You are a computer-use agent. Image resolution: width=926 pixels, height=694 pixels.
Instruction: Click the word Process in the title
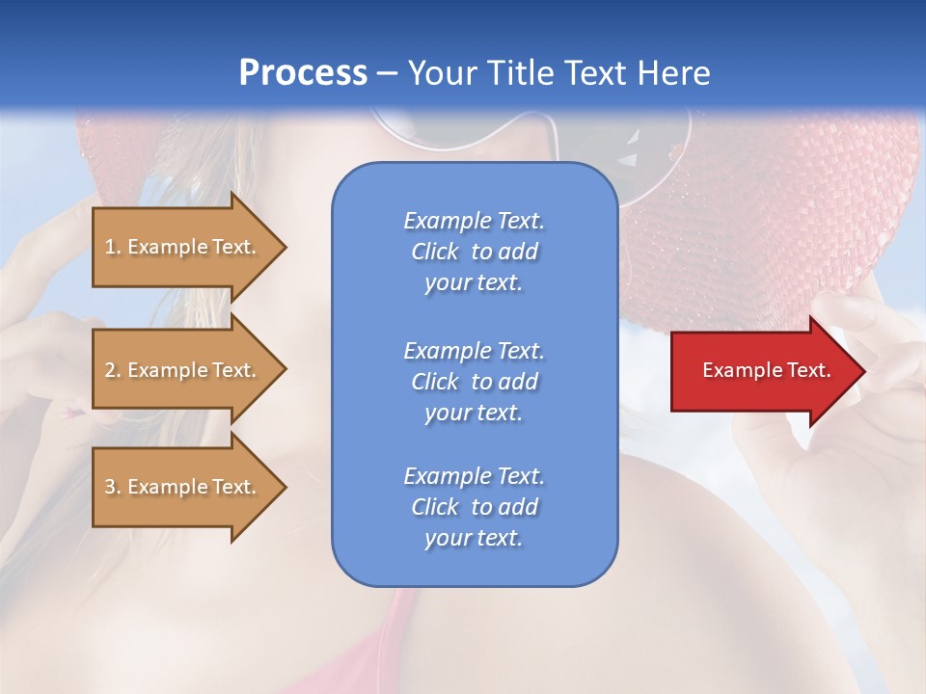click(x=303, y=73)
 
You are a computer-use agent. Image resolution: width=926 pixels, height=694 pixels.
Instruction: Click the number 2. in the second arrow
click(x=113, y=370)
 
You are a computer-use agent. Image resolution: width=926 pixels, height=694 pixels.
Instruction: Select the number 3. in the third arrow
click(x=113, y=487)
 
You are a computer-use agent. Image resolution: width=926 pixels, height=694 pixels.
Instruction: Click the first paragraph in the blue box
click(x=474, y=252)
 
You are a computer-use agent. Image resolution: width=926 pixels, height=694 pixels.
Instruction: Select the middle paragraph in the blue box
click(x=474, y=382)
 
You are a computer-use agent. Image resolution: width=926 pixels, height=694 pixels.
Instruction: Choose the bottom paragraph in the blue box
click(x=474, y=507)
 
